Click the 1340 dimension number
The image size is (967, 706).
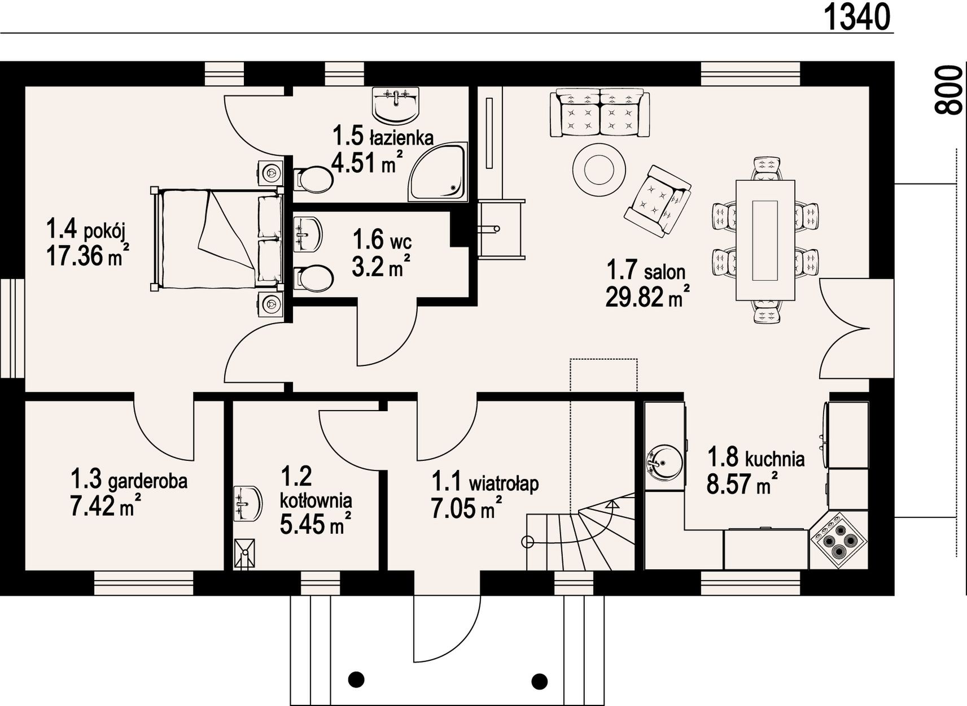point(857,18)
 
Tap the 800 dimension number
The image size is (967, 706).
point(949,96)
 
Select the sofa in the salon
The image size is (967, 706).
point(600,113)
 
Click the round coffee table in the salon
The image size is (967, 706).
point(599,169)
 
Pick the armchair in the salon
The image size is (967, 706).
point(658,201)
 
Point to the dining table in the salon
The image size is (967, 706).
point(765,240)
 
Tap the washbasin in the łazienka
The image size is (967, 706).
point(396,105)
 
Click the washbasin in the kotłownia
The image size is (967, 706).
point(247,503)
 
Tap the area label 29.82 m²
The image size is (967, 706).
point(647,296)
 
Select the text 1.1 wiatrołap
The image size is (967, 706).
point(485,482)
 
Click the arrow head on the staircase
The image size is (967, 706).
point(612,503)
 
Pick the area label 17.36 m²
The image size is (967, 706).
point(88,256)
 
